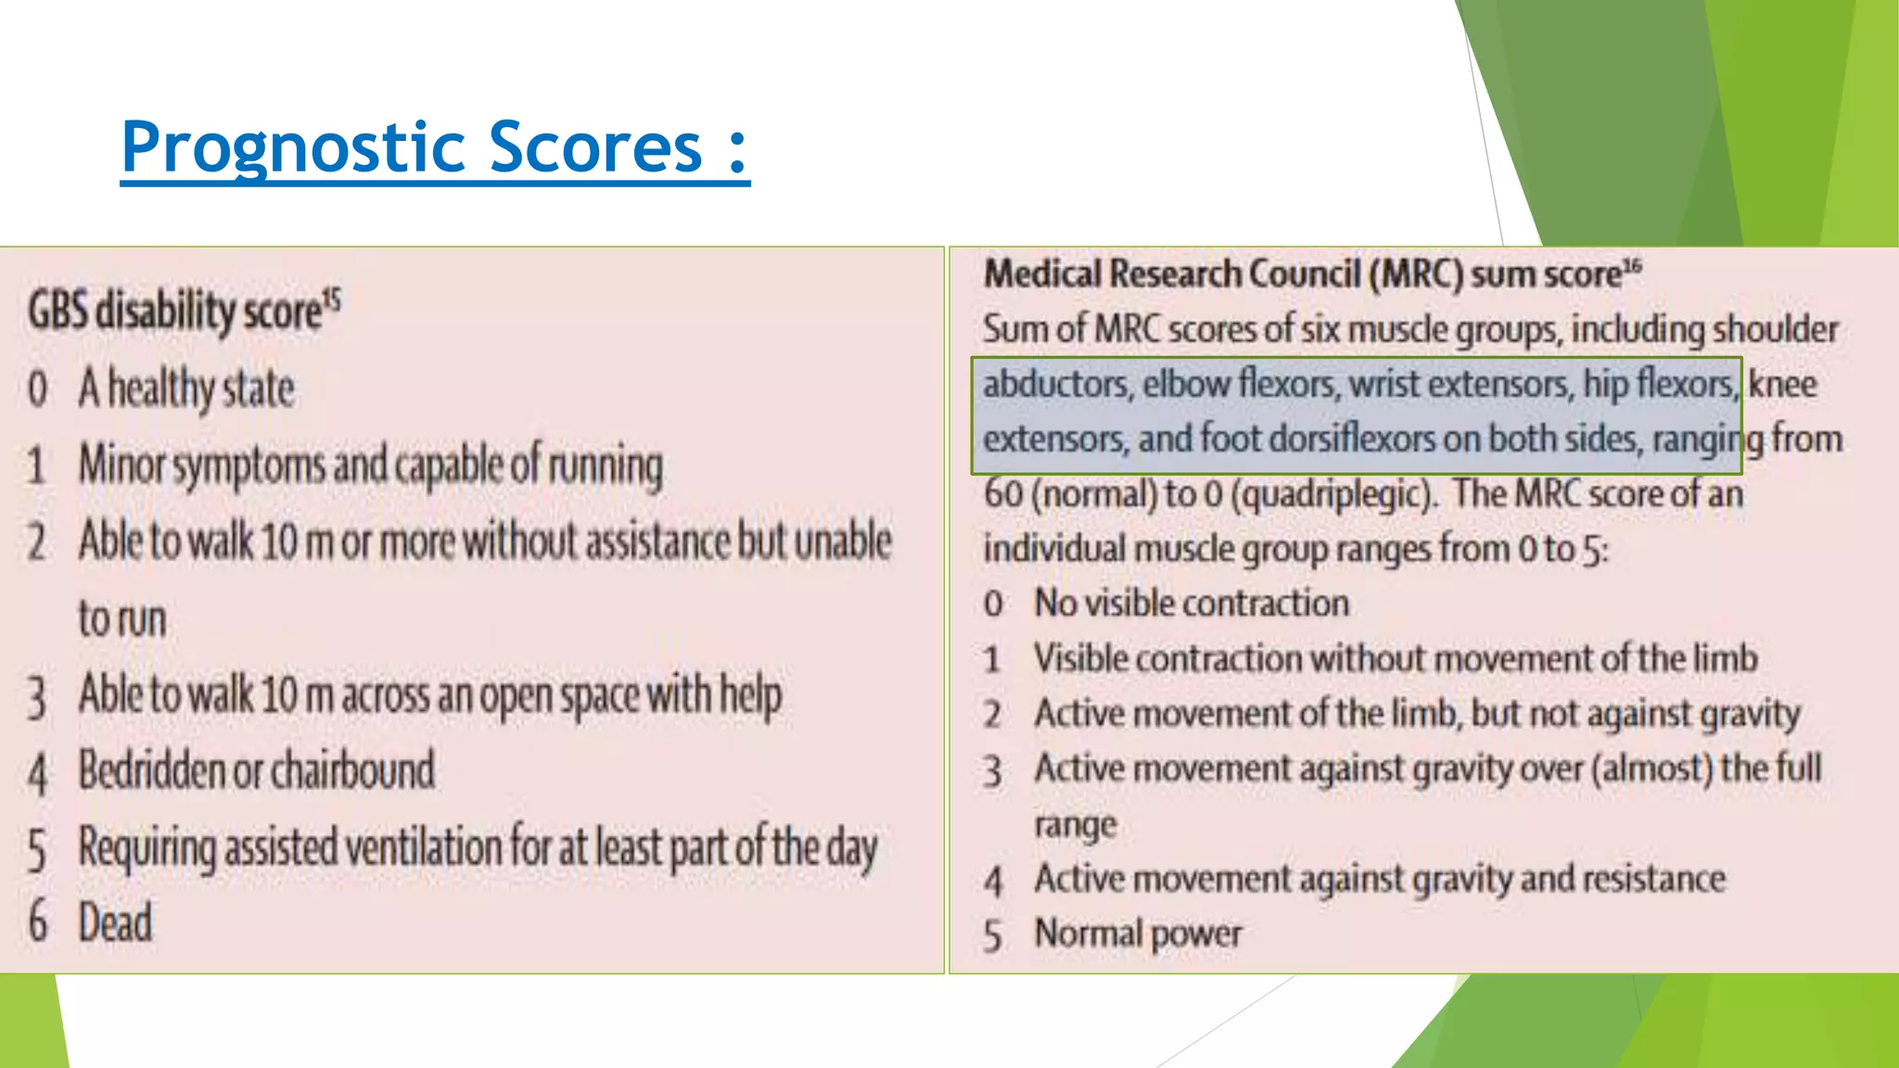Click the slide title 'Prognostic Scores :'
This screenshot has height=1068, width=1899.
434,147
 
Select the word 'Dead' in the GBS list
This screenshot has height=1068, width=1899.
115,922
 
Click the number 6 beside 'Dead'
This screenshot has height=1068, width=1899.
38,922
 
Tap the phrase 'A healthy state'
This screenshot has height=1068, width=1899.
186,388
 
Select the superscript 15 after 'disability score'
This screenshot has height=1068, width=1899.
332,299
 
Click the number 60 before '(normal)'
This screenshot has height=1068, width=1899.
1003,494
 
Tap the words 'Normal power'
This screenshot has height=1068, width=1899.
1138,934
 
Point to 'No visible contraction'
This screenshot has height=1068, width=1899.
1192,604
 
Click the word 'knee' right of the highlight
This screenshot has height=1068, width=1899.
1782,384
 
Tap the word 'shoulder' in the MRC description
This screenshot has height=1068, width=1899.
1775,329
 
